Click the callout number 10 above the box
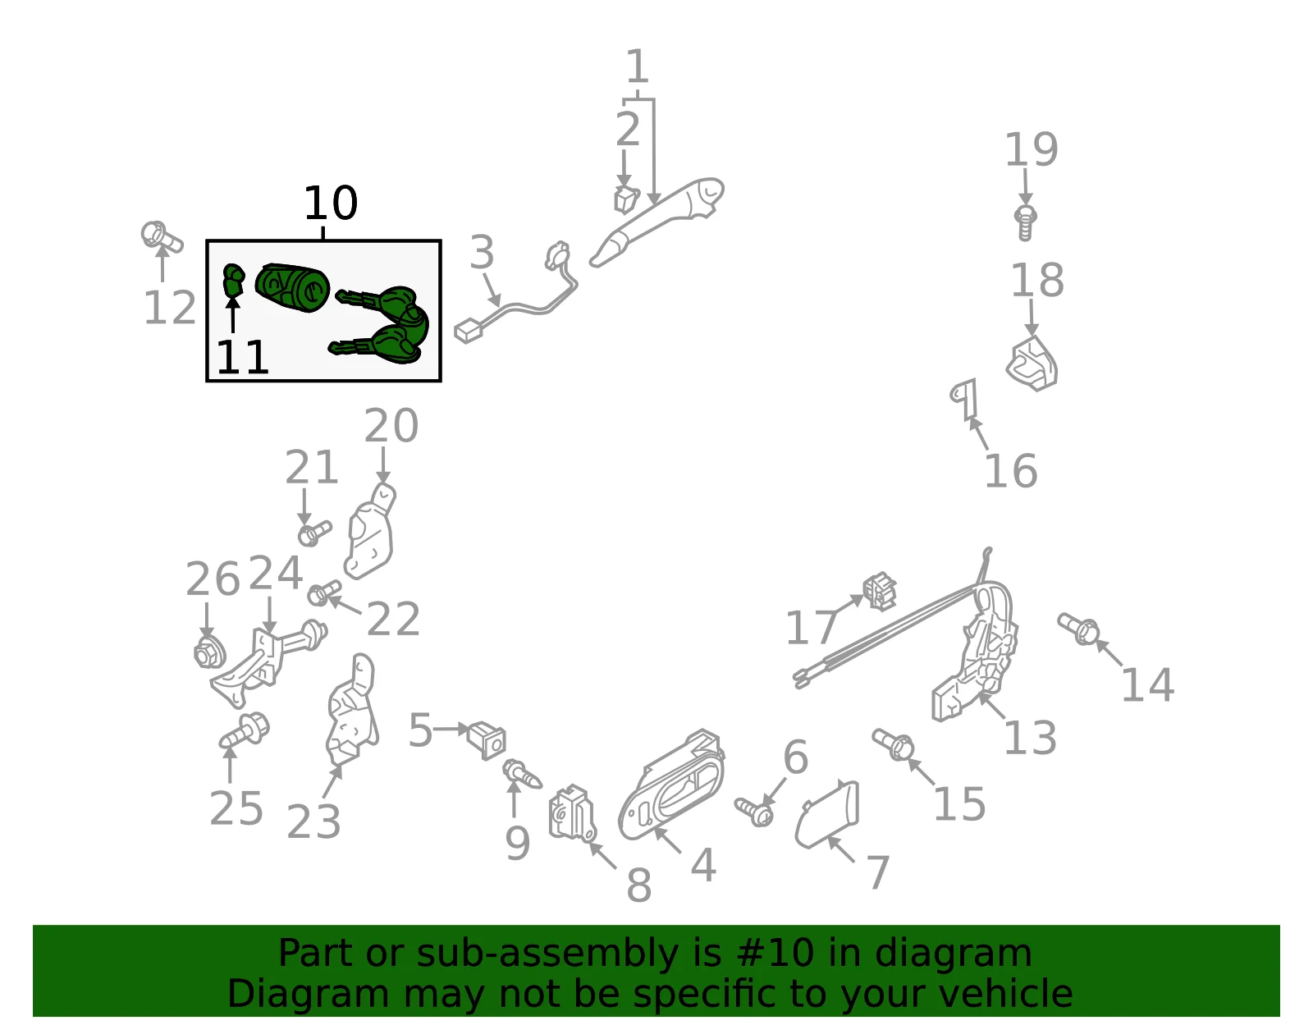[x=331, y=203]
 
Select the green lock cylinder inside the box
[x=292, y=287]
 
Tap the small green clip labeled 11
[x=234, y=281]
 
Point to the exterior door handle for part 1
[x=656, y=222]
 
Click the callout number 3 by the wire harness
[x=482, y=252]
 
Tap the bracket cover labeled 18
[x=1032, y=364]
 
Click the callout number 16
[x=1011, y=471]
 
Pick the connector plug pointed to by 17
[x=880, y=591]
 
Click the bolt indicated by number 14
[x=1078, y=628]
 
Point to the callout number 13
[x=1030, y=738]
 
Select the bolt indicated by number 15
[x=893, y=744]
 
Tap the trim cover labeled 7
[x=827, y=814]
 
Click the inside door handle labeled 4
[x=671, y=785]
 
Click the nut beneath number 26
[x=209, y=653]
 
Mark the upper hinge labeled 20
[x=370, y=531]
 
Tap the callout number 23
[x=313, y=822]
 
